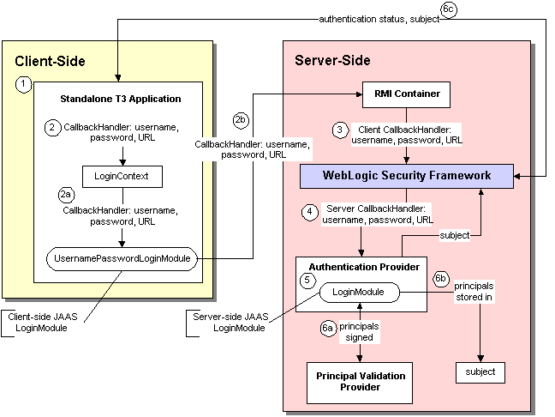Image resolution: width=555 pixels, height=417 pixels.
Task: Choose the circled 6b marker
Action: (x=441, y=280)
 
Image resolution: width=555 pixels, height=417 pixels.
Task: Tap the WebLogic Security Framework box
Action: (x=406, y=176)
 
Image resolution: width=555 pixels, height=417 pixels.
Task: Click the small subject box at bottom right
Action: (x=480, y=372)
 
